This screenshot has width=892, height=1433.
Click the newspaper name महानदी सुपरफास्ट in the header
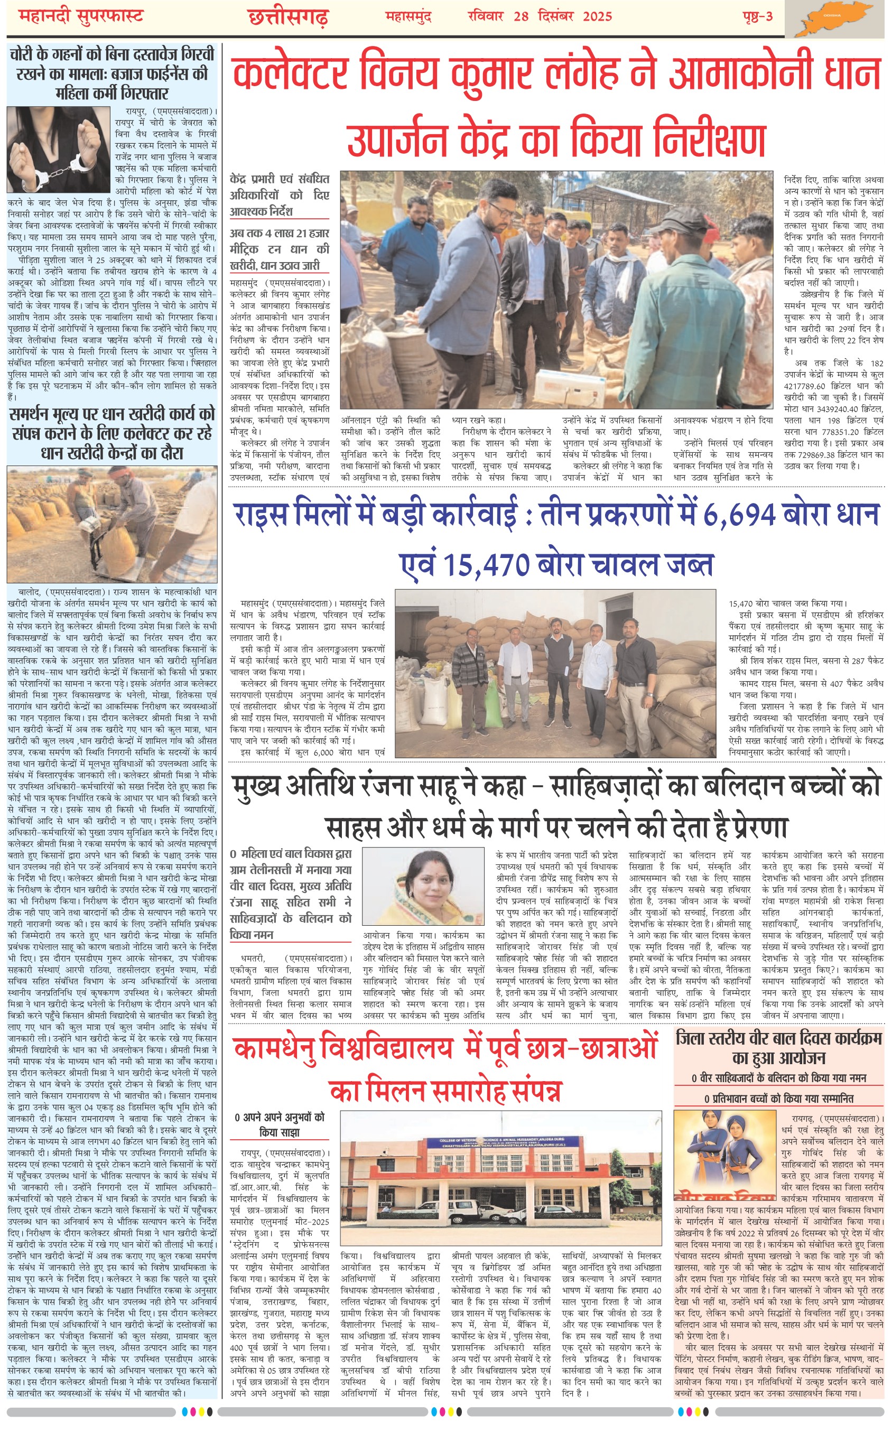tap(81, 16)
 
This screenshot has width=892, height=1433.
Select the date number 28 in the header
tap(521, 16)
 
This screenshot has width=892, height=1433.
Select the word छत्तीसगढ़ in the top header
tap(288, 17)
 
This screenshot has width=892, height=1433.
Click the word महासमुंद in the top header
tap(408, 16)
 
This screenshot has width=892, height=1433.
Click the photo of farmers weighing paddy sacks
tap(111, 524)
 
